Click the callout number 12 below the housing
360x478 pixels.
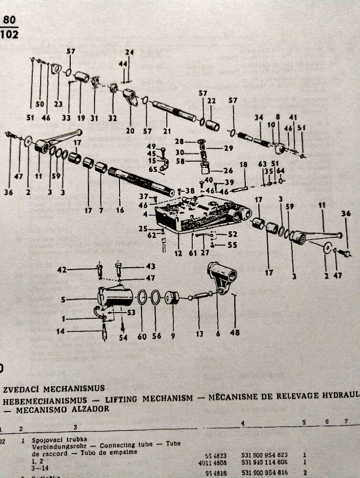click(178, 253)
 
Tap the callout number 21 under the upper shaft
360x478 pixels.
click(166, 131)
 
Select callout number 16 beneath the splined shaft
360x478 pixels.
click(120, 210)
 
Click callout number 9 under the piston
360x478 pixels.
click(173, 336)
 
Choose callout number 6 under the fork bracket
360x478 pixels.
click(218, 333)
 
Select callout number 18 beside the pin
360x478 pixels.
click(243, 165)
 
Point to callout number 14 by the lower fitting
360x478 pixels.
click(60, 331)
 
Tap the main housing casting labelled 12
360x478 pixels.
click(201, 217)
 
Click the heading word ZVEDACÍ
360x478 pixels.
click(22, 388)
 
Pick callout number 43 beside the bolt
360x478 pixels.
click(151, 266)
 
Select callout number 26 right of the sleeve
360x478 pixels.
click(228, 171)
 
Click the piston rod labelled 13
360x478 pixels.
click(201, 296)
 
